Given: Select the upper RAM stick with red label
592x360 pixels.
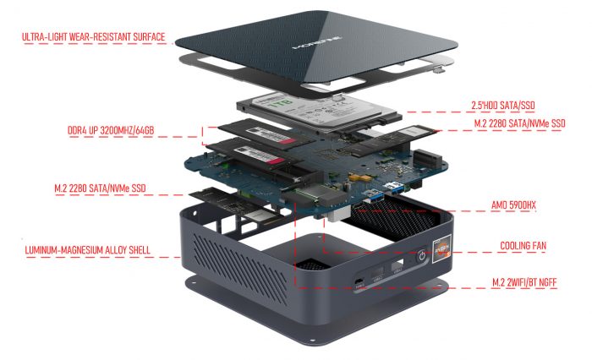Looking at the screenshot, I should click(x=255, y=136).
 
